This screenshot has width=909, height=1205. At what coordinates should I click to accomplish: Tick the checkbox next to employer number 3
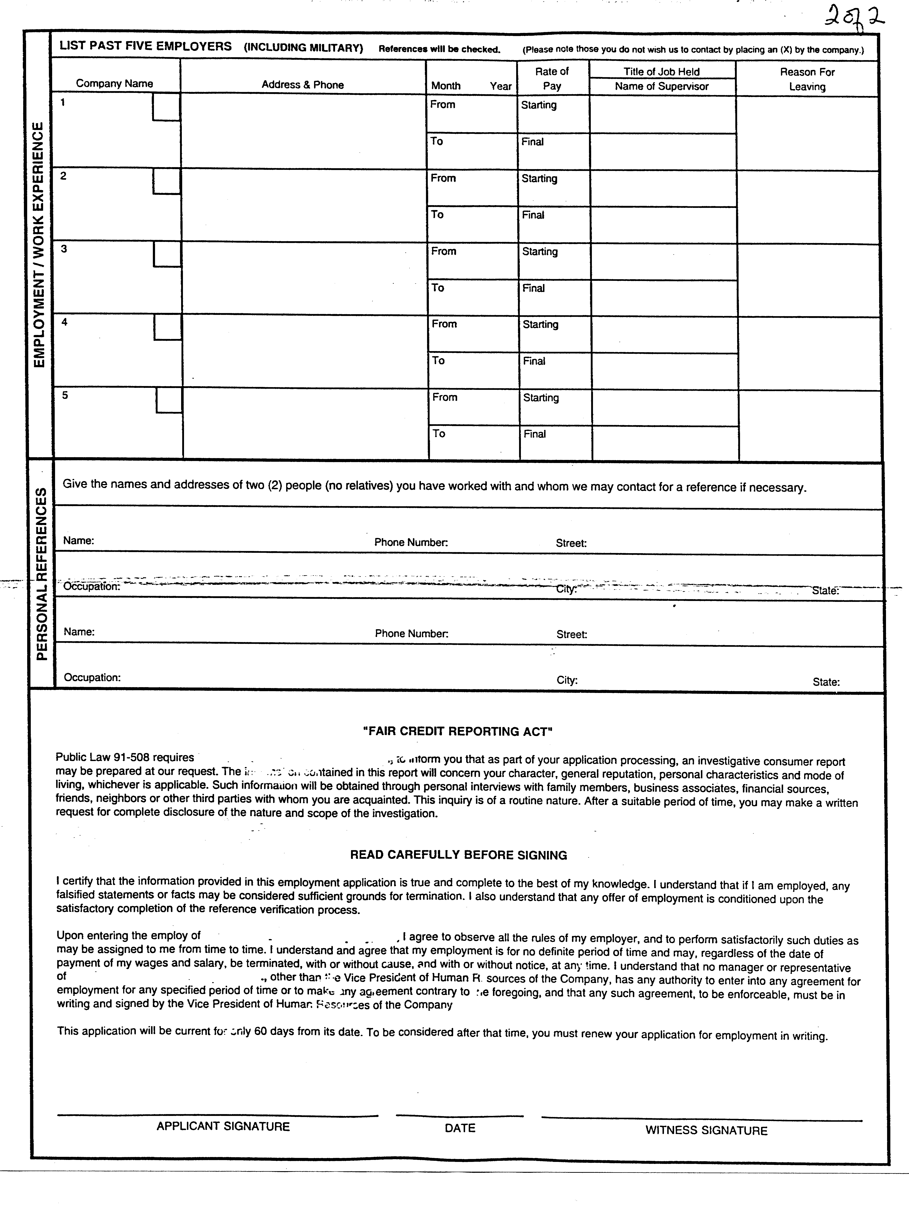point(167,254)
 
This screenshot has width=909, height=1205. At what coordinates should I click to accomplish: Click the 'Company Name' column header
point(114,83)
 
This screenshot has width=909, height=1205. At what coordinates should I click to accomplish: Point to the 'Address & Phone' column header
point(302,84)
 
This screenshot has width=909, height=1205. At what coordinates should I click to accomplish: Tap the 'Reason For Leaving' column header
point(807,79)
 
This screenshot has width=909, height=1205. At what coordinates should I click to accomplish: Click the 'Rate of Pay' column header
point(552,78)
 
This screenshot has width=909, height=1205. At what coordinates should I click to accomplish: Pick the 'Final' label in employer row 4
point(534,361)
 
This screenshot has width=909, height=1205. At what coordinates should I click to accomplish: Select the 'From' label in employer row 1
point(442,105)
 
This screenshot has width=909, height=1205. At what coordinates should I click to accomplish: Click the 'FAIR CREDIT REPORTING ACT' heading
point(458,732)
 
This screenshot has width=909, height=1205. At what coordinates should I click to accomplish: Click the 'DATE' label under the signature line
point(460,1128)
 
